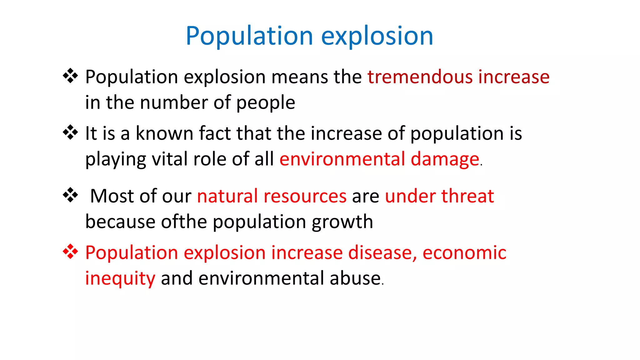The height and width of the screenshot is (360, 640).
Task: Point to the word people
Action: pos(266,103)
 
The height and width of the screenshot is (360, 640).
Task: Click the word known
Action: pos(164,133)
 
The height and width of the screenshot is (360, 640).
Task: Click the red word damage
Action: pos(445,159)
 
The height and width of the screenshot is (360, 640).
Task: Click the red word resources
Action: pos(305,196)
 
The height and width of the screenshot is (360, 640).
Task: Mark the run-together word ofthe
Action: pos(184,222)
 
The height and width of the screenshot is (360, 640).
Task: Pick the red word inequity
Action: pos(120,278)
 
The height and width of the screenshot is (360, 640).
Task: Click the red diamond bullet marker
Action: pos(70,252)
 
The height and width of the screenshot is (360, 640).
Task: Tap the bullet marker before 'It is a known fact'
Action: pos(70,132)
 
